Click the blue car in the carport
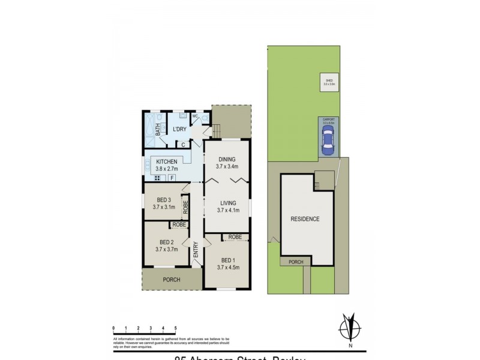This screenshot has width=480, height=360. tap(328, 142)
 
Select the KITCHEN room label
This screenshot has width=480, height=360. tap(167, 162)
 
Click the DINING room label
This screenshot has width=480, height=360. tap(228, 159)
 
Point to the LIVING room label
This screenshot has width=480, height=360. tap(228, 203)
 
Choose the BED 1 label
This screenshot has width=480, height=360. tap(228, 260)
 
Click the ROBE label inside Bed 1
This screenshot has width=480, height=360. tap(235, 237)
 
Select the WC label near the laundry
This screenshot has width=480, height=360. tap(196, 115)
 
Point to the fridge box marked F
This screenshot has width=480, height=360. tap(172, 178)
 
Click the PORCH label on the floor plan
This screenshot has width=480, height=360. tap(172, 279)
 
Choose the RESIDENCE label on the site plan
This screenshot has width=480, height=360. tap(305, 219)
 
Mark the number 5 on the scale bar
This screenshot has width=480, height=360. tap(175, 328)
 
